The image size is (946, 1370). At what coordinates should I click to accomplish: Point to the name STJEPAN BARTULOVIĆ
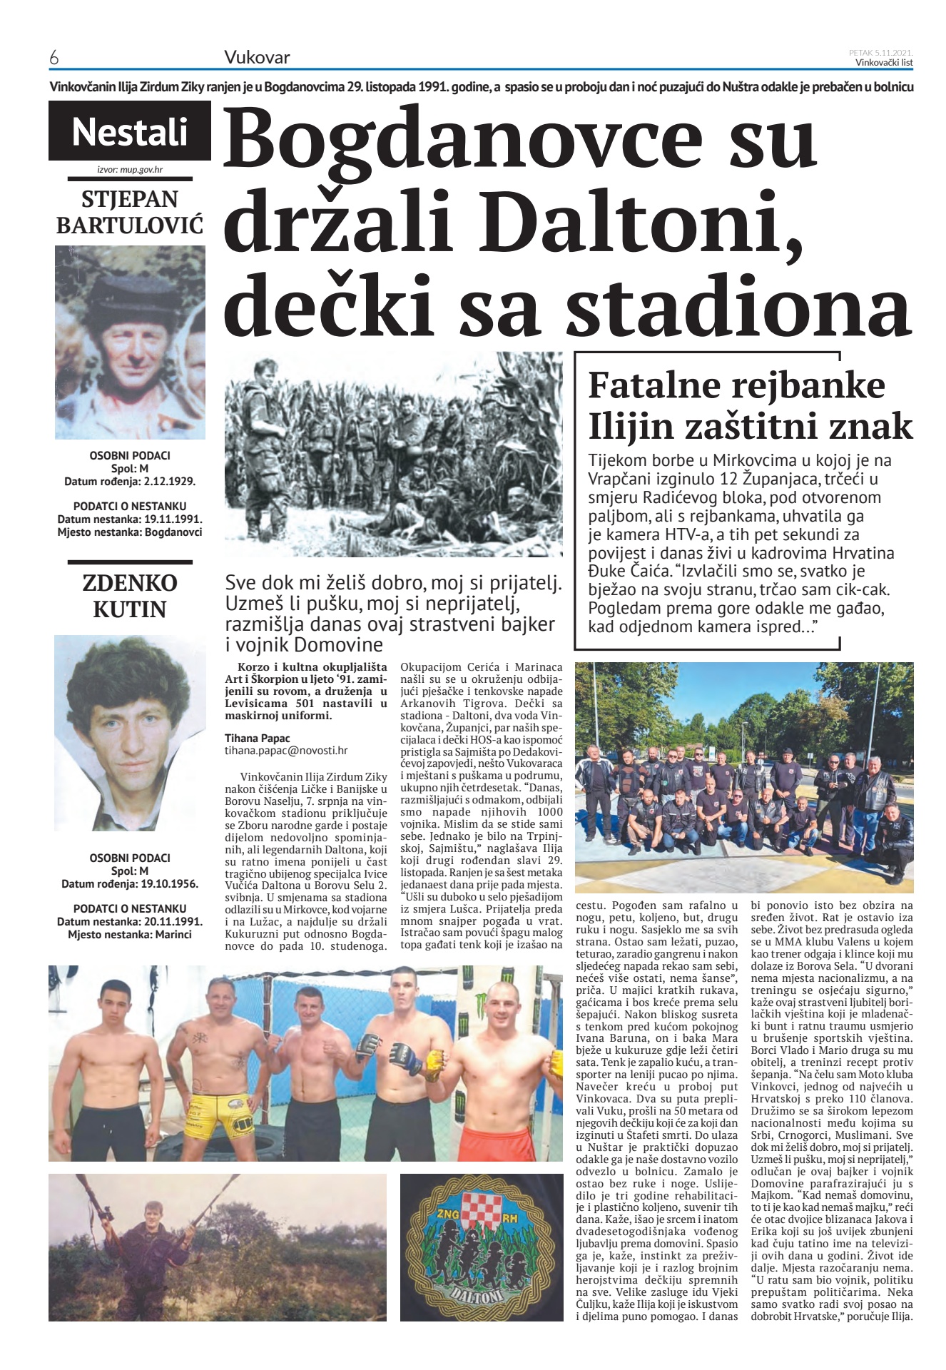click(x=130, y=212)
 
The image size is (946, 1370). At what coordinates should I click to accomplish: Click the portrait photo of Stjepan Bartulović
click(x=130, y=342)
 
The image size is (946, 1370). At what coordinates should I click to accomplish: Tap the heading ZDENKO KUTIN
click(x=130, y=596)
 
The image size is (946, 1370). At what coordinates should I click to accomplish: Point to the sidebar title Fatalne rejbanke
click(x=736, y=385)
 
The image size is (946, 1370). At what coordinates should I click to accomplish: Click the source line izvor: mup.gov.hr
click(x=130, y=171)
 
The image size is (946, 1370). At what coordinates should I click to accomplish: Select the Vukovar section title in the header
click(x=257, y=58)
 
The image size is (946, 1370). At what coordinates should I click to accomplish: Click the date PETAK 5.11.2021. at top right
click(x=881, y=52)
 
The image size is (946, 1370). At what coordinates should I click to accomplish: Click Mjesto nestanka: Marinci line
click(x=130, y=934)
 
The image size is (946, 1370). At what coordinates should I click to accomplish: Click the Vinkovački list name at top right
click(x=885, y=62)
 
